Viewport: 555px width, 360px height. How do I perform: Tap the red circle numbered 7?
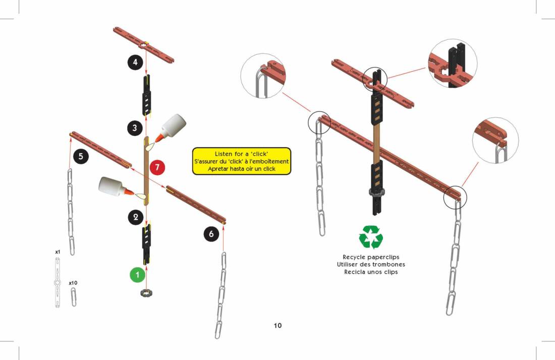click(x=157, y=166)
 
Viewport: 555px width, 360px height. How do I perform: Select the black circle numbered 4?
click(x=135, y=63)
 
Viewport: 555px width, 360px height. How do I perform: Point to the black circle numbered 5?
click(x=81, y=157)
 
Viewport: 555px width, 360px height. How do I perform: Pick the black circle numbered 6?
click(x=211, y=234)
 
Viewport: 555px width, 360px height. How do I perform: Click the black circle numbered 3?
click(x=135, y=128)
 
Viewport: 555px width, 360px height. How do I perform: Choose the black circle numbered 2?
click(x=135, y=217)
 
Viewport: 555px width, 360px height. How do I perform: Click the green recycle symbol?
click(x=371, y=237)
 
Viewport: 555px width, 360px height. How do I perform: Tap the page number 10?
click(x=277, y=325)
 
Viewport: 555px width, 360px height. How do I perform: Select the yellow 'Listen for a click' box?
click(x=242, y=161)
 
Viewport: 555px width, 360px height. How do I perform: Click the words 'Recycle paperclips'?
click(x=371, y=257)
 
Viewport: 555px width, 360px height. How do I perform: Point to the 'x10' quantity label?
click(x=73, y=283)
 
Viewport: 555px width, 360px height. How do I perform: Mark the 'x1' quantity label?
click(x=58, y=251)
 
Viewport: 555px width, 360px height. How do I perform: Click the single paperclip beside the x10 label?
click(x=74, y=297)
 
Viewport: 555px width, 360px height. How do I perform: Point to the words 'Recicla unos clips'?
click(x=371, y=272)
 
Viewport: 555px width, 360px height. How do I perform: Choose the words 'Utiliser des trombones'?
click(x=371, y=264)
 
